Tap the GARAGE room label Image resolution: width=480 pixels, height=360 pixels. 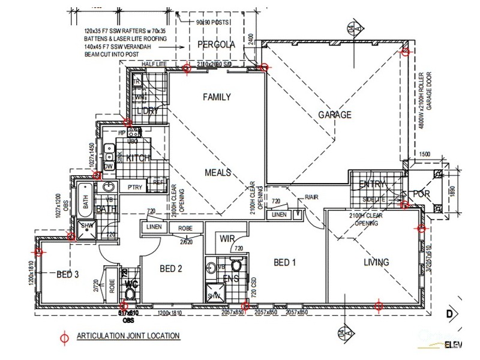[x=334, y=115]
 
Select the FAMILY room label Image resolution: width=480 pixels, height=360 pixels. [x=217, y=97]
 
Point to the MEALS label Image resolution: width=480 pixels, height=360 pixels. [x=217, y=172]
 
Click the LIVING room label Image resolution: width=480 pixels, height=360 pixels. [x=376, y=262]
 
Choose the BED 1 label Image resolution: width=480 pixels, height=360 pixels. [x=285, y=262]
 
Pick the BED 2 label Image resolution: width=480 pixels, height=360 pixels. [x=171, y=269]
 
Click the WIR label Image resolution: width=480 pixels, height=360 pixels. [x=227, y=238]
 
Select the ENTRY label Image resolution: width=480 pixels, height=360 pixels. [x=372, y=184]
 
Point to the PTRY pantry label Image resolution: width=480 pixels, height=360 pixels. [x=134, y=188]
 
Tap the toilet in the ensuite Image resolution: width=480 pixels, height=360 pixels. [x=236, y=265]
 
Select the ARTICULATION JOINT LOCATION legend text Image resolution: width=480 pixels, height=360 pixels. [x=128, y=336]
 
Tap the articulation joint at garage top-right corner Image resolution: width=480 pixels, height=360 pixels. [x=406, y=52]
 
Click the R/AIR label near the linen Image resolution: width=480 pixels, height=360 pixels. [x=311, y=197]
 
